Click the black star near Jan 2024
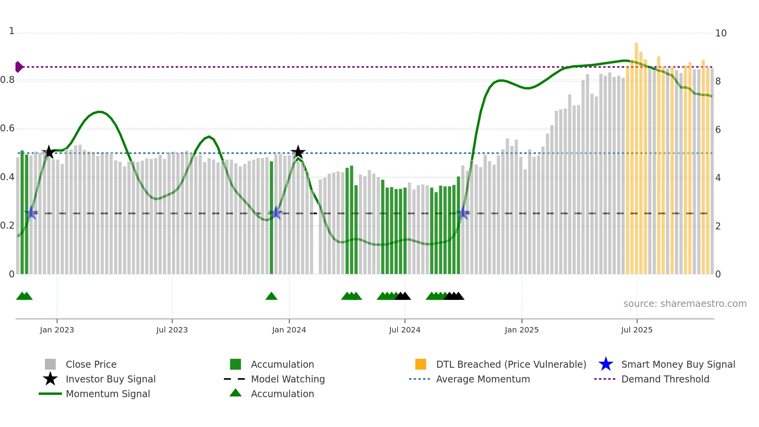(298, 152)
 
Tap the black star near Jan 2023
(49, 152)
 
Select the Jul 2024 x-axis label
(405, 330)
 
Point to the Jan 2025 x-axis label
(522, 330)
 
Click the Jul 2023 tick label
(172, 330)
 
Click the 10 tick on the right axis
(721, 33)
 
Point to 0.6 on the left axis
(7, 128)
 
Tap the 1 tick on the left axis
(12, 31)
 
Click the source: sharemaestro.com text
(685, 303)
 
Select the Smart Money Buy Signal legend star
(606, 364)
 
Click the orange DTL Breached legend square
(421, 364)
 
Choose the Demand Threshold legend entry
(665, 379)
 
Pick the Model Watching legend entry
(287, 379)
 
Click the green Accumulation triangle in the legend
(235, 393)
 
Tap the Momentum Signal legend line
(50, 394)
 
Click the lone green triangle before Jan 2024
(271, 296)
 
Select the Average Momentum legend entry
(483, 379)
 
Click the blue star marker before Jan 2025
(463, 213)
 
